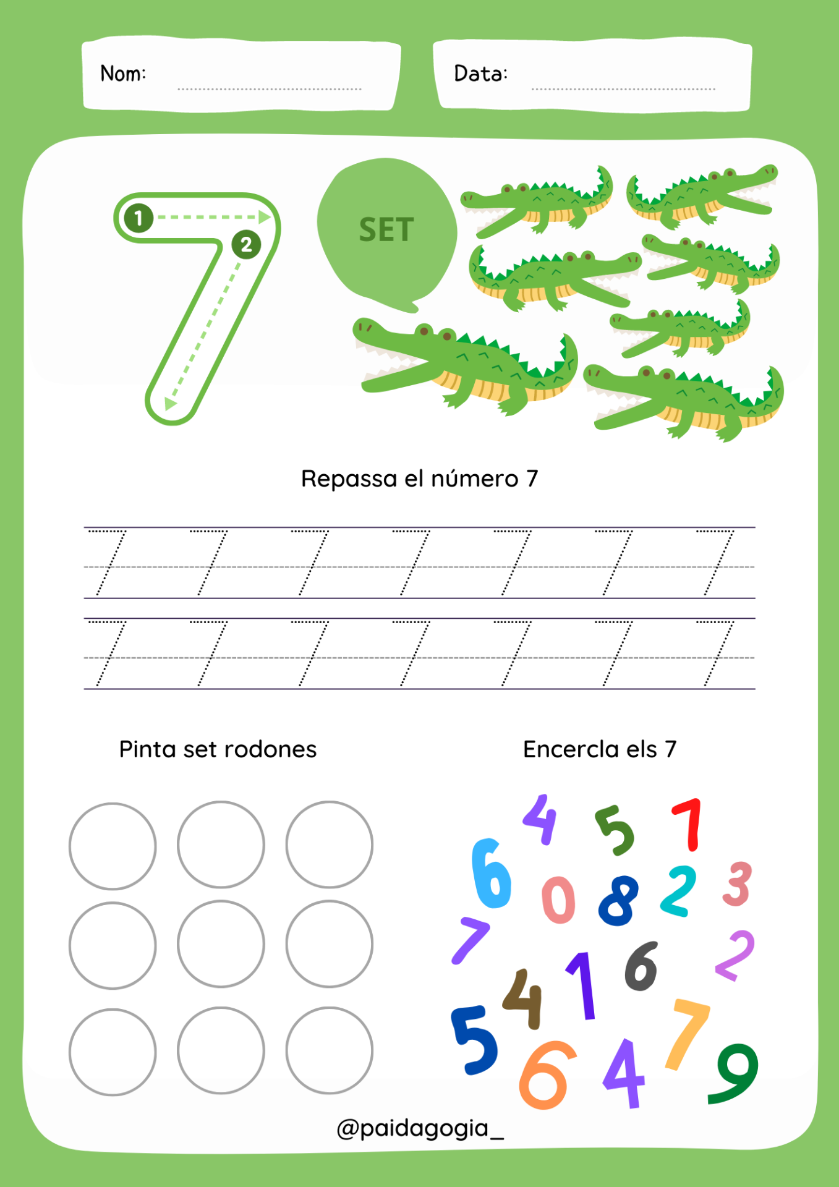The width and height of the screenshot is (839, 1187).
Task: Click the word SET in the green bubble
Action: coord(386,230)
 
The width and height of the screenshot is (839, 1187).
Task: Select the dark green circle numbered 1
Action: coord(138,218)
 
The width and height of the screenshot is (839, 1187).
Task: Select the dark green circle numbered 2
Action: coord(246,245)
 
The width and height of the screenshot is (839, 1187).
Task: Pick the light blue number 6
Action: coord(492,873)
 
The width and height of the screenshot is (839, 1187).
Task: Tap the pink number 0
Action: coord(558,900)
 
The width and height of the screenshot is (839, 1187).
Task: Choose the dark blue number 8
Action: coord(618,900)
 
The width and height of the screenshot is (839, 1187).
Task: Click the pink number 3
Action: coord(737,884)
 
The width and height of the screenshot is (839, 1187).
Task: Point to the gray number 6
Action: coord(641,966)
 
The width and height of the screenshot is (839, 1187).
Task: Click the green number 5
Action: coord(615,830)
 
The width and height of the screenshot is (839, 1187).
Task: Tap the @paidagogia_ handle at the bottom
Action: coord(420,1129)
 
